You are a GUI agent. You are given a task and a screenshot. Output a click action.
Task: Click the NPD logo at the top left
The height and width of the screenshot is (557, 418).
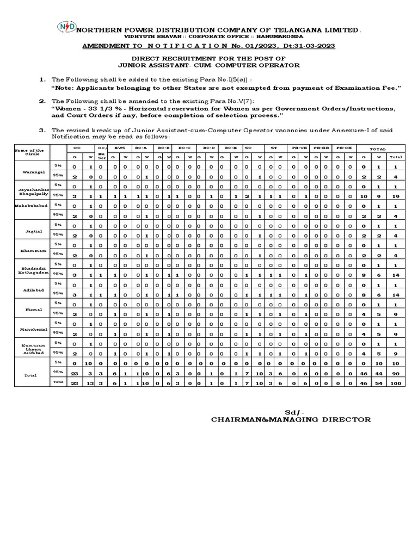point(66,27)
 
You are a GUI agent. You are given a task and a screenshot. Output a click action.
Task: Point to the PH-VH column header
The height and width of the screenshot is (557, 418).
point(299,147)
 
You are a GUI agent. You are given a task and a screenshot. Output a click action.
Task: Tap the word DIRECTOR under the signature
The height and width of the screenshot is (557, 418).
point(347,419)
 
